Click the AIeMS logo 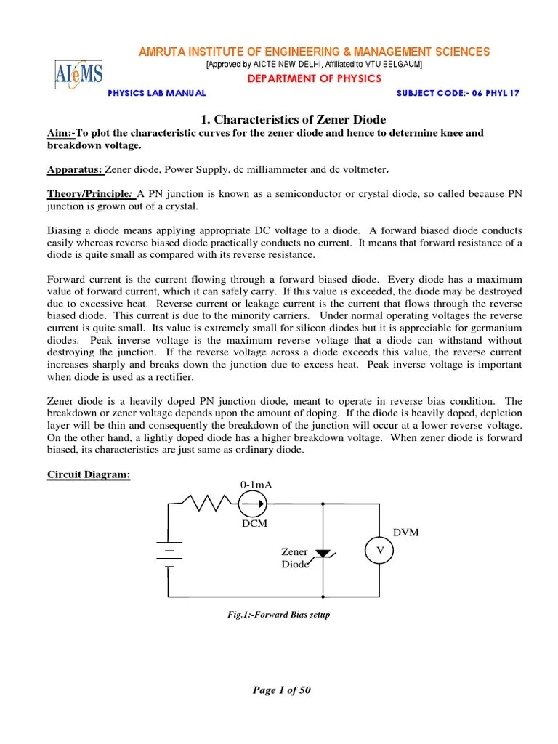(x=78, y=74)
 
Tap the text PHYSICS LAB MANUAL (x=157, y=93)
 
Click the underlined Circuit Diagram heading (x=89, y=475)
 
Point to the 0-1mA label (x=255, y=485)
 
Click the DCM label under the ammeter (x=256, y=523)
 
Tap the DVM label (x=405, y=533)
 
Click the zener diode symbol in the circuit (x=323, y=554)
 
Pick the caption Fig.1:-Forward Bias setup (x=279, y=615)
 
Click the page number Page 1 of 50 (x=281, y=690)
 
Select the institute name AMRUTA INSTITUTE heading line (x=314, y=52)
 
